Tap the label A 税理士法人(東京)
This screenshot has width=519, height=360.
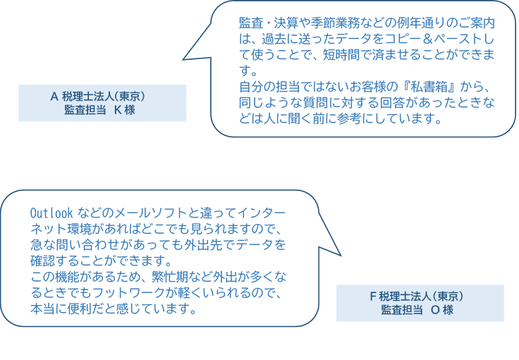coord(102,97)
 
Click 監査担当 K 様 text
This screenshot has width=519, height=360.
coord(102,111)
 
